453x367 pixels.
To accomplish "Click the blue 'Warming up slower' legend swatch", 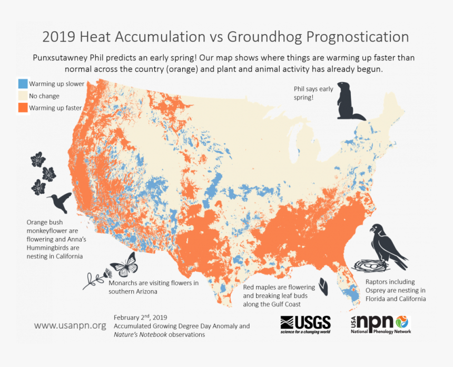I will [23, 84].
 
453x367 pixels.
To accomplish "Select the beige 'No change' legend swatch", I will [23, 96].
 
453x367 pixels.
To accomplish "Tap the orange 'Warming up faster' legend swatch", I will [23, 108].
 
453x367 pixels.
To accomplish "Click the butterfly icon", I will [124, 264].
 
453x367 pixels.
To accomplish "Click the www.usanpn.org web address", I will [70, 325].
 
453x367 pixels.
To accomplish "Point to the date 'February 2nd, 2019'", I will [141, 317].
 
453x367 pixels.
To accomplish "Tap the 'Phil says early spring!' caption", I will [313, 93].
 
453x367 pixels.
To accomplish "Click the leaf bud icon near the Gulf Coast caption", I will [326, 287].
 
